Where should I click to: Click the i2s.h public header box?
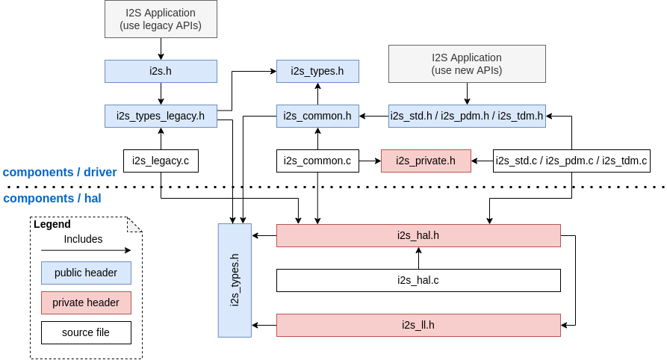pyautogui.click(x=161, y=72)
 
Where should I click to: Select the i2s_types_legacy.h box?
pyautogui.click(x=161, y=116)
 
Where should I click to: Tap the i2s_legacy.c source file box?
pyautogui.click(x=161, y=161)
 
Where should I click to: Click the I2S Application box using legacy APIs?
pyautogui.click(x=161, y=19)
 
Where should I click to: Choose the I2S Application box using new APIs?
pyautogui.click(x=467, y=63)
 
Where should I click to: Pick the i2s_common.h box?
pyautogui.click(x=317, y=116)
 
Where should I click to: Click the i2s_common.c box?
pyautogui.click(x=317, y=161)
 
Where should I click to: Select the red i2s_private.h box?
pyautogui.click(x=426, y=161)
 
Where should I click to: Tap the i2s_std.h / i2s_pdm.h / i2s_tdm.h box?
pyautogui.click(x=467, y=116)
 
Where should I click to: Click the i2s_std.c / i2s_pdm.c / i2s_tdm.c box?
pyautogui.click(x=571, y=161)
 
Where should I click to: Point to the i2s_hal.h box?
pyautogui.click(x=418, y=235)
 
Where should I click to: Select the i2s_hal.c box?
pyautogui.click(x=418, y=280)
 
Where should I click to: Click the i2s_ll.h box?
pyautogui.click(x=418, y=325)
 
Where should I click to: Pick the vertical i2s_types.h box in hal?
pyautogui.click(x=235, y=280)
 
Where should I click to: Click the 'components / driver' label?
pyautogui.click(x=60, y=173)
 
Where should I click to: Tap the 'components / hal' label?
pyautogui.click(x=52, y=199)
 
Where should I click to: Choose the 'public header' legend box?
pyautogui.click(x=86, y=273)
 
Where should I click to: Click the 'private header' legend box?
pyautogui.click(x=86, y=302)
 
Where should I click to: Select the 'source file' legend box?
pyautogui.click(x=86, y=332)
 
